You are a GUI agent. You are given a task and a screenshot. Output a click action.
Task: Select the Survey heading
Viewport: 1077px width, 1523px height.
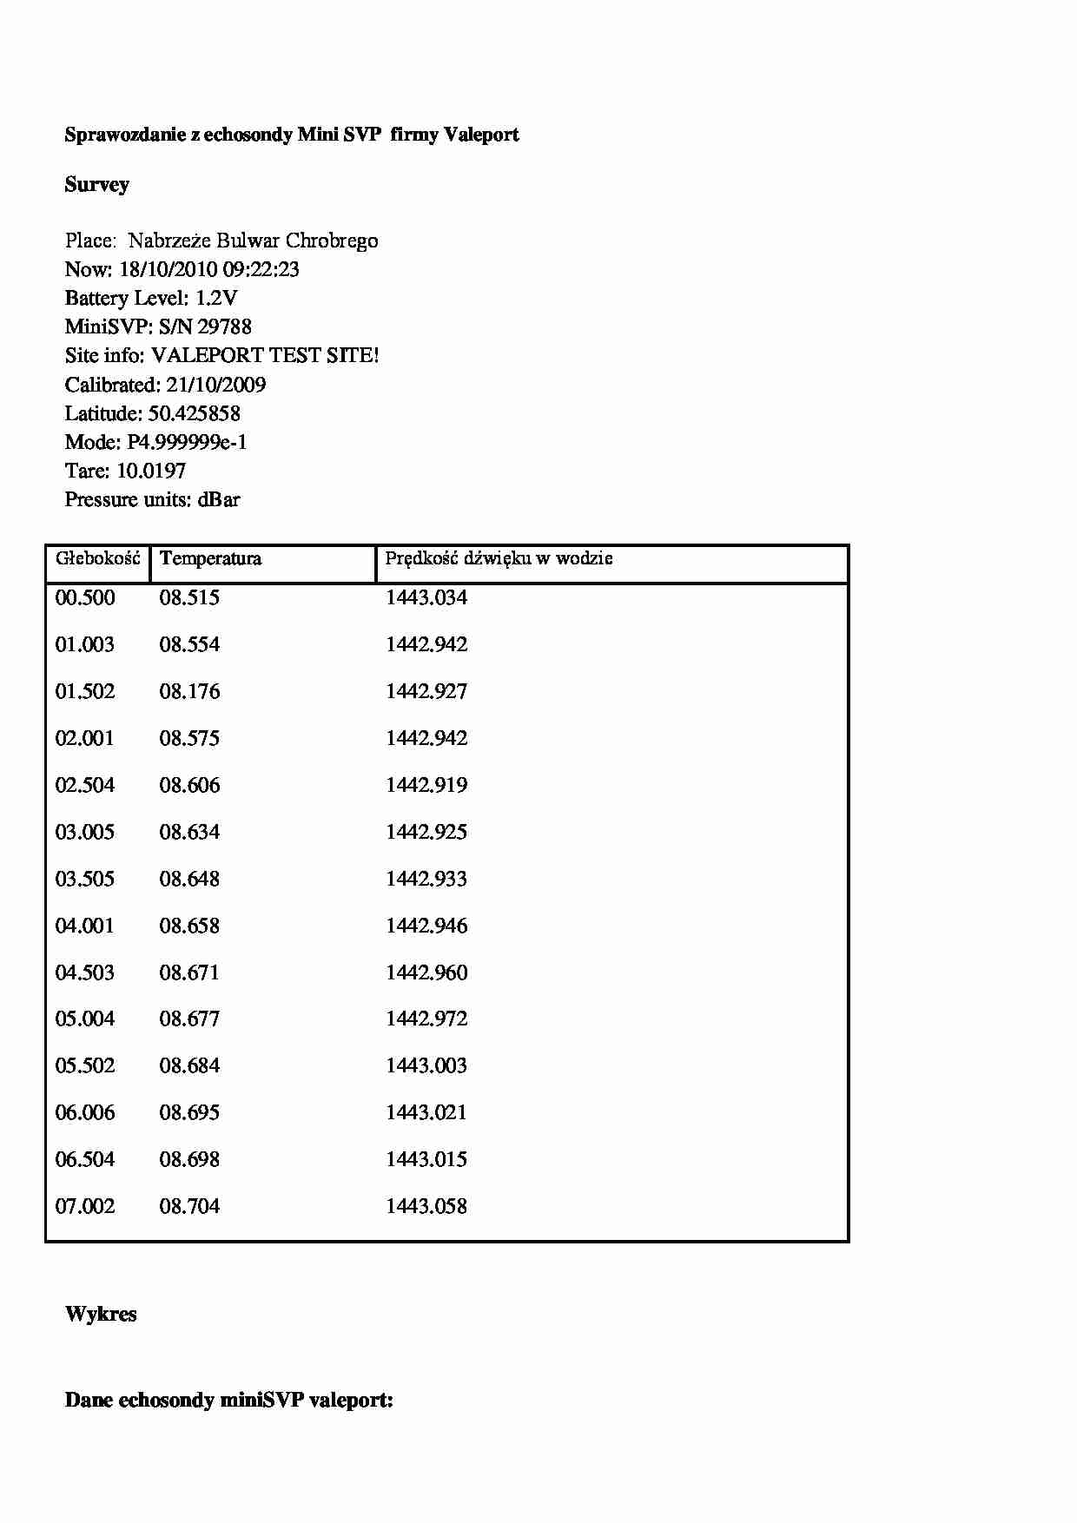pos(97,185)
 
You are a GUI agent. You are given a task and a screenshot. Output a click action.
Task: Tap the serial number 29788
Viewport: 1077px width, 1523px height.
pos(225,327)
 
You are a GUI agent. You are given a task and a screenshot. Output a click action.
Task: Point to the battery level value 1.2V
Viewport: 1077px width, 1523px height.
pos(216,299)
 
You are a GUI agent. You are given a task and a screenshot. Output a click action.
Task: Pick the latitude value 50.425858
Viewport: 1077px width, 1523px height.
pos(195,413)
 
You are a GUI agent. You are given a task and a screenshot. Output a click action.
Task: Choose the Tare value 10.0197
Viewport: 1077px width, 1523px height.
pos(151,471)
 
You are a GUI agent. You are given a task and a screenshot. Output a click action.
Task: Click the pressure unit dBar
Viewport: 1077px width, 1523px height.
pos(219,499)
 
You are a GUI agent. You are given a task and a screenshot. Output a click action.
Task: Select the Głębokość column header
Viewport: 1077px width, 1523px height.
pos(98,558)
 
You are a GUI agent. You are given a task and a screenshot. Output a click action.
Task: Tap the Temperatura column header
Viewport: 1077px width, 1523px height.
pos(210,558)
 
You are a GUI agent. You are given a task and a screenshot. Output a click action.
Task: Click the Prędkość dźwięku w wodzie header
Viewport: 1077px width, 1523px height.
pos(499,558)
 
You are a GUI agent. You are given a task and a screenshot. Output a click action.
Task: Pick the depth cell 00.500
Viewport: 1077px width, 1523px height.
pos(85,598)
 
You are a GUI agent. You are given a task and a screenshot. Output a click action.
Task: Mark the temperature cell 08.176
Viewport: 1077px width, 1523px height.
pos(189,692)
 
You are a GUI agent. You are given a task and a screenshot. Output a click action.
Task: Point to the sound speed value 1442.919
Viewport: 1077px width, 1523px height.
pos(426,786)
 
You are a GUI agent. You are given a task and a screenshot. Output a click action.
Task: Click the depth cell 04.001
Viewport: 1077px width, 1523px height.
pos(85,926)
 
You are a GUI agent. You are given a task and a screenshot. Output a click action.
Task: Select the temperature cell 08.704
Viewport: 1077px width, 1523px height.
pos(189,1207)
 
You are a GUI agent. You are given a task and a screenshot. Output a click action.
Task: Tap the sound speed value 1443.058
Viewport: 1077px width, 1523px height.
pos(426,1207)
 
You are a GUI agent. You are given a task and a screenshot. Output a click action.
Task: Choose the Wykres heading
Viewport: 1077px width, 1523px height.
pos(101,1315)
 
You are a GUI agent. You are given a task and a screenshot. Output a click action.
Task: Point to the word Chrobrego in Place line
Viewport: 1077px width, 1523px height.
pos(332,241)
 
